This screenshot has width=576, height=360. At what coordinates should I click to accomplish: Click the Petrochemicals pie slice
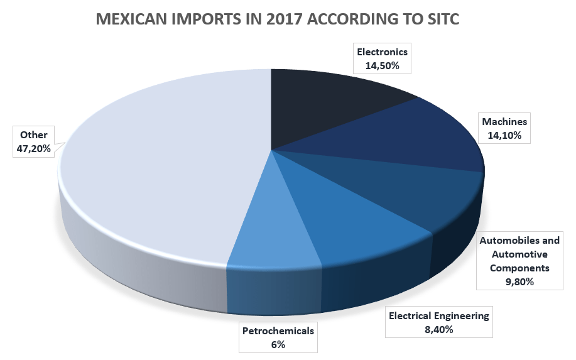[280, 232]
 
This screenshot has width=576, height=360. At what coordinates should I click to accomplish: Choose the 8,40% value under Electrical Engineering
[438, 328]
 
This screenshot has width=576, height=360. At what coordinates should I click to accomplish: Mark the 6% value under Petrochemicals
[278, 344]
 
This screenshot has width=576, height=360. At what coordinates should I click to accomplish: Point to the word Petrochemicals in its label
[278, 330]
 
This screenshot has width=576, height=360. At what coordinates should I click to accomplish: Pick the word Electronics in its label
[382, 52]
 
